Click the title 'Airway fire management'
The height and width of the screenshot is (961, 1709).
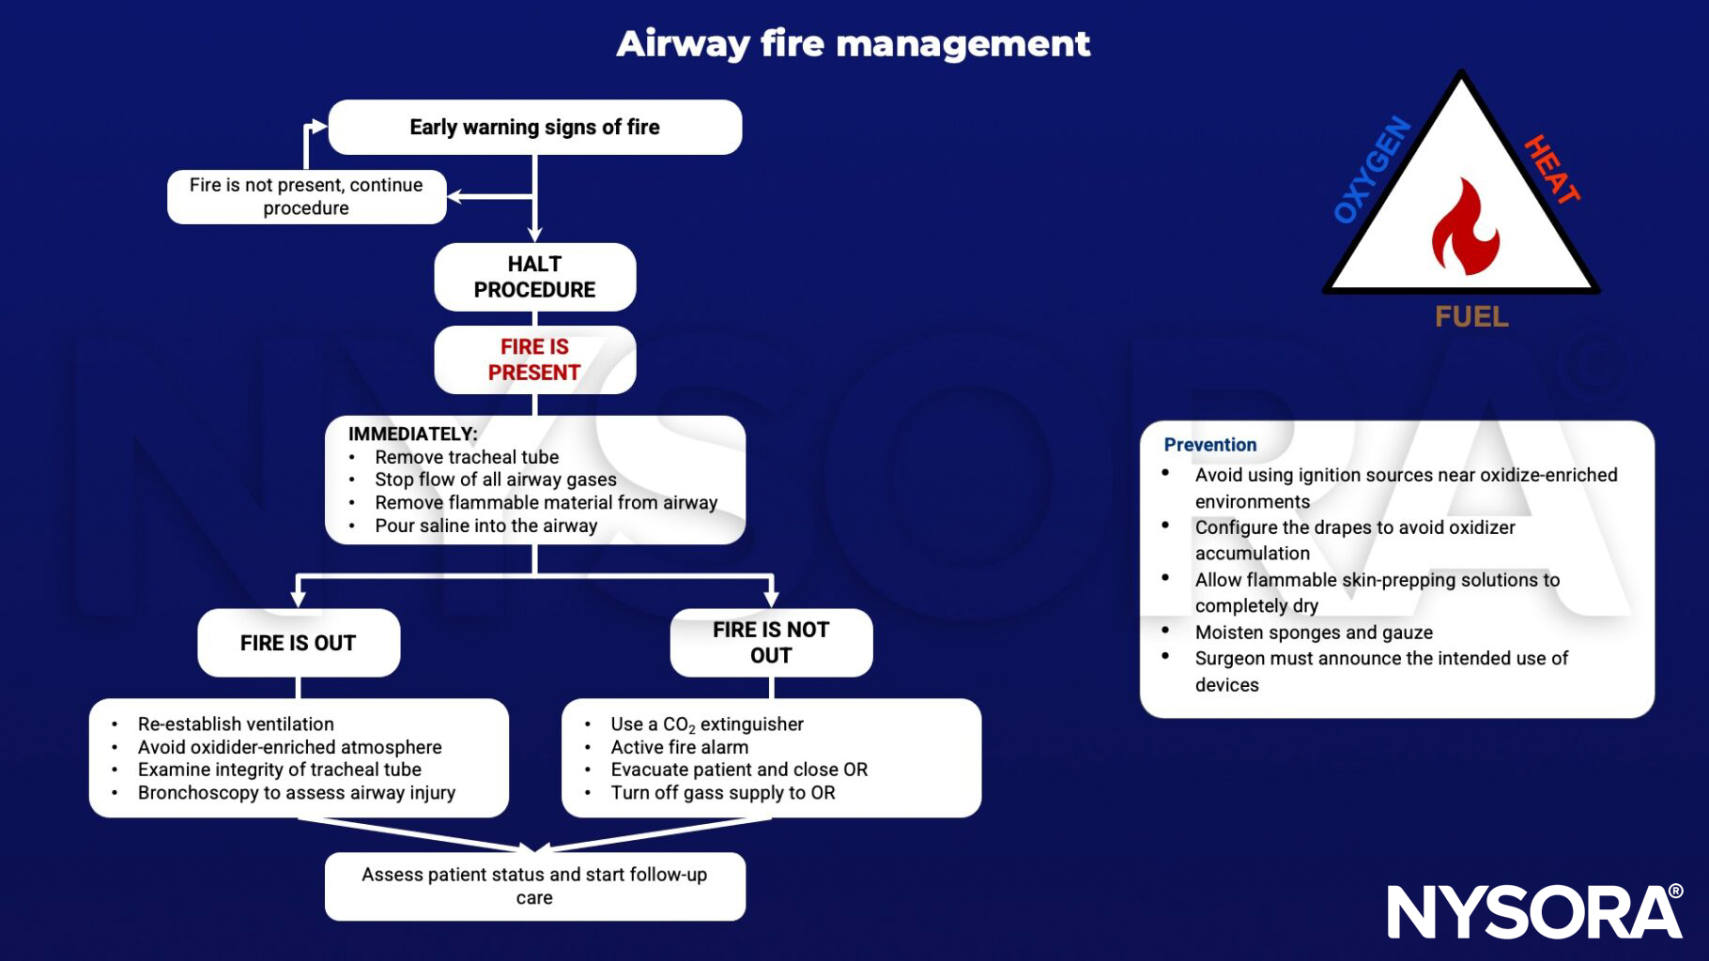click(853, 43)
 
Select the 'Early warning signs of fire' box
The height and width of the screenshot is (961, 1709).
click(534, 127)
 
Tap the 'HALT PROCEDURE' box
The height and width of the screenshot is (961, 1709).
click(534, 277)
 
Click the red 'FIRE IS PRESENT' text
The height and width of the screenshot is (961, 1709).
click(534, 359)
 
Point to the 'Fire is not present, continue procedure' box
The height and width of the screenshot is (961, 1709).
click(306, 196)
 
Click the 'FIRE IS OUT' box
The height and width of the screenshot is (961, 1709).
click(298, 643)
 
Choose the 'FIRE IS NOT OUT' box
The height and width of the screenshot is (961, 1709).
click(771, 643)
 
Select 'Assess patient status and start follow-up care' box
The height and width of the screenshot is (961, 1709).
click(534, 886)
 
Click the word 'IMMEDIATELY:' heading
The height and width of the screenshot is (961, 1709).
click(412, 434)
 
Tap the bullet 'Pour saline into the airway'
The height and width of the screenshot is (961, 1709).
click(485, 526)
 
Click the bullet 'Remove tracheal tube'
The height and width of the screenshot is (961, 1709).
click(467, 457)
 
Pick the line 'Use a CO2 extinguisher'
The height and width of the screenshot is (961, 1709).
click(706, 725)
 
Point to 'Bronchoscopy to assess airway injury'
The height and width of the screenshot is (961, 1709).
click(296, 793)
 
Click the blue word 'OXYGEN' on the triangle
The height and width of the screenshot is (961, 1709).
click(1372, 170)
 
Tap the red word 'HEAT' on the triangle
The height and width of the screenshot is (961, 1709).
click(1551, 169)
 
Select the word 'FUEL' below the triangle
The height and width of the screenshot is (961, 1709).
click(1471, 317)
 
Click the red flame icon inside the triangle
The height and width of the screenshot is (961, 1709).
click(1464, 228)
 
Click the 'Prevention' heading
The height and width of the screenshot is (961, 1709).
click(1209, 445)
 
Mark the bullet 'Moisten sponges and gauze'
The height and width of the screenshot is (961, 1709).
click(1313, 633)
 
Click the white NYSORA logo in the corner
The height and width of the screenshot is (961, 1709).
click(1534, 911)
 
